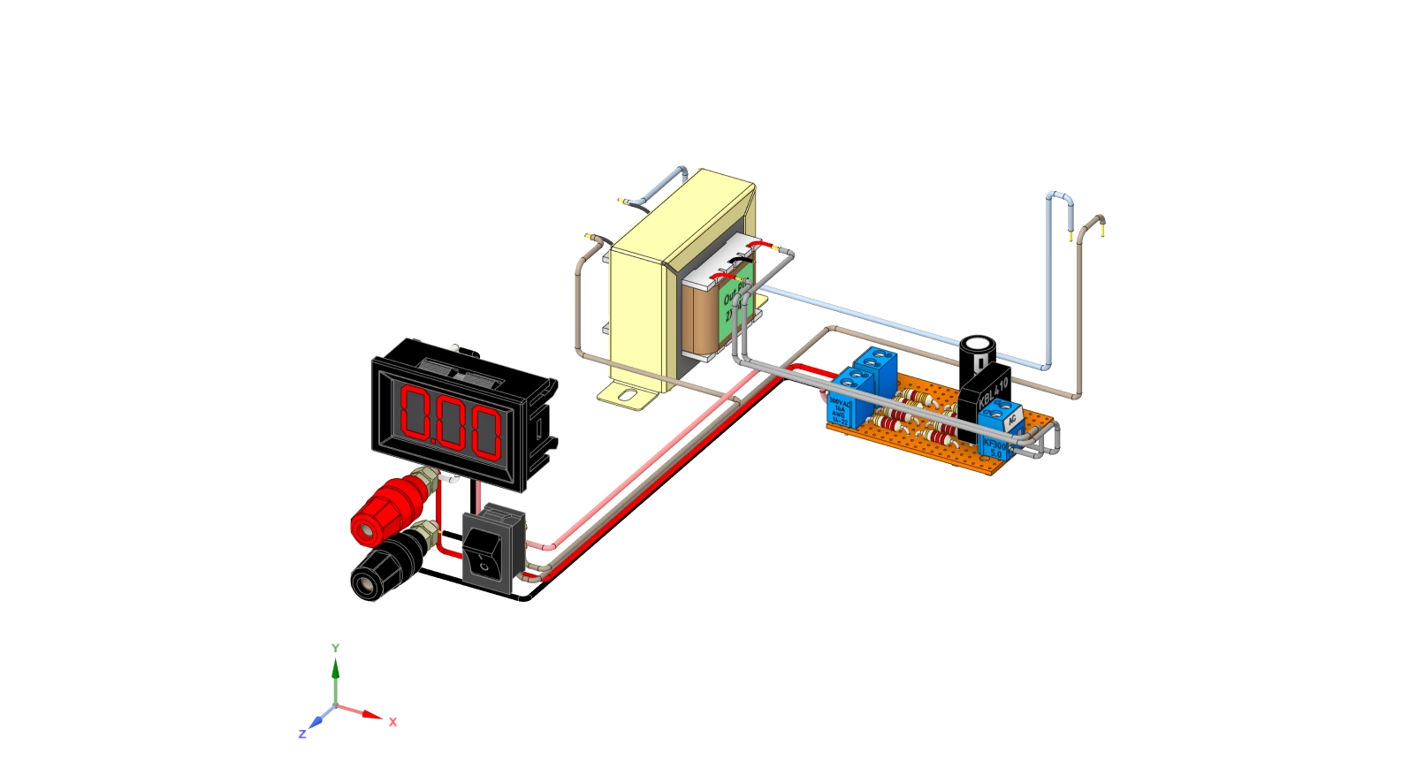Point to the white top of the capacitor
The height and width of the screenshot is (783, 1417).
point(978,344)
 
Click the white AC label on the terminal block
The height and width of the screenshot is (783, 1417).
point(1012,421)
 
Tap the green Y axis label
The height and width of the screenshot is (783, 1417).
point(335,648)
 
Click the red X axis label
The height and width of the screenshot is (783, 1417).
point(393,722)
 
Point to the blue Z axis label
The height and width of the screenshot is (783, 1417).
point(301,734)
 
